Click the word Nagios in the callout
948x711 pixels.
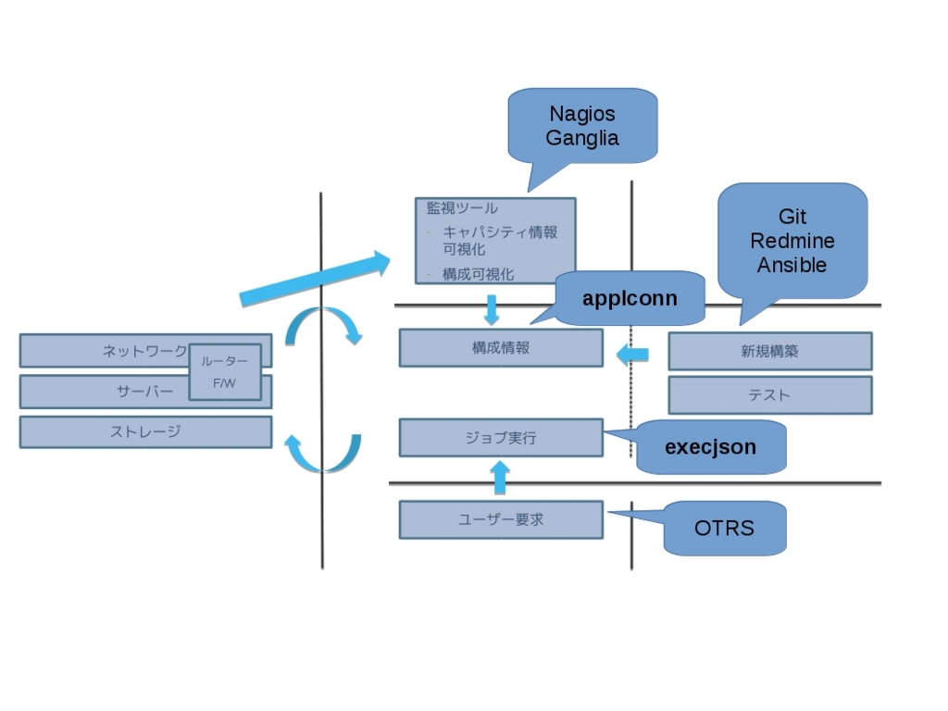pyautogui.click(x=582, y=114)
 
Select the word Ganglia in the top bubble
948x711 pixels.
pyautogui.click(x=582, y=139)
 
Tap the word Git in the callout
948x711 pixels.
pyautogui.click(x=792, y=217)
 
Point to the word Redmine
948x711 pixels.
pyautogui.click(x=792, y=241)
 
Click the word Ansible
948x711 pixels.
pyautogui.click(x=792, y=265)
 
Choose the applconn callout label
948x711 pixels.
pyautogui.click(x=630, y=298)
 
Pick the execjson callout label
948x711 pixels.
pyautogui.click(x=710, y=447)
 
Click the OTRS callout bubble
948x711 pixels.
pyautogui.click(x=724, y=528)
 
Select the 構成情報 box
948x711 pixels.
pyautogui.click(x=501, y=348)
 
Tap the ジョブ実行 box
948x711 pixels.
pyautogui.click(x=501, y=437)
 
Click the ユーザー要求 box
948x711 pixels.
pyautogui.click(x=501, y=519)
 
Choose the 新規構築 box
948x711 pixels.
pyautogui.click(x=769, y=351)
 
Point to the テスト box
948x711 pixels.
pyautogui.click(x=769, y=395)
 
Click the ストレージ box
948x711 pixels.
pyautogui.click(x=145, y=431)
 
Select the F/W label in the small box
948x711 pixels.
pyautogui.click(x=224, y=383)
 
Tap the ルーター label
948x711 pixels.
pyautogui.click(x=224, y=361)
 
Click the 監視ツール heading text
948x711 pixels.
pyautogui.click(x=462, y=208)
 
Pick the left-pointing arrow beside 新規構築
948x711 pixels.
pyautogui.click(x=632, y=355)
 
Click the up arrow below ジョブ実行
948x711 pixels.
pyautogui.click(x=499, y=477)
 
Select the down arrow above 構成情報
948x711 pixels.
pyautogui.click(x=492, y=310)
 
